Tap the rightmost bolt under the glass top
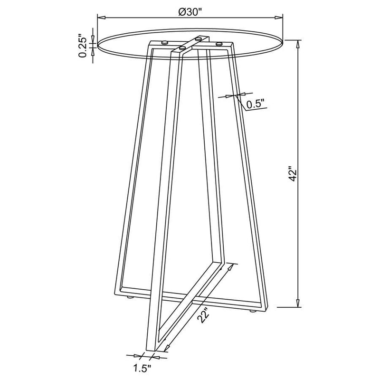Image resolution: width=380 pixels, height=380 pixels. pyautogui.click(x=219, y=44)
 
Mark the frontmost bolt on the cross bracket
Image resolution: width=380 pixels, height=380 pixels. pyautogui.click(x=181, y=48)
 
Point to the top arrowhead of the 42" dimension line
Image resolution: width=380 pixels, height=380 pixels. pyautogui.click(x=298, y=42)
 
